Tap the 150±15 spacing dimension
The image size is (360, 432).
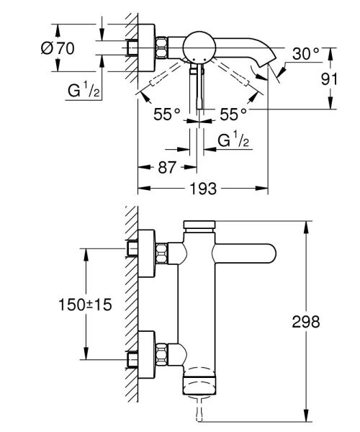point(86,305)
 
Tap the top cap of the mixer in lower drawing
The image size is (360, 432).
point(201,225)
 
